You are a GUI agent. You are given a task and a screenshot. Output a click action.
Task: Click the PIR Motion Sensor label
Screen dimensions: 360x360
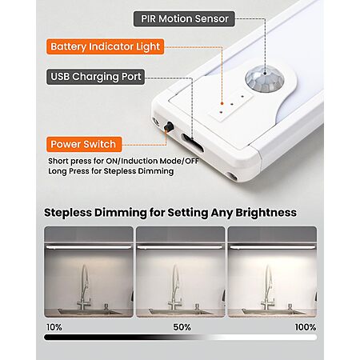pos(184,18)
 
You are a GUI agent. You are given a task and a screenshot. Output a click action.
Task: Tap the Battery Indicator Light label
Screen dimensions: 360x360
pos(106,46)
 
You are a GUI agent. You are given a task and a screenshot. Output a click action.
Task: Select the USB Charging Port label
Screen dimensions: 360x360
pos(95,77)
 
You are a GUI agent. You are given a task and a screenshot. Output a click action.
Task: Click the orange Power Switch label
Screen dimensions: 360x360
pos(84,144)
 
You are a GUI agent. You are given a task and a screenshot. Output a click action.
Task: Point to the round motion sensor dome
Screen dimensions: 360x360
pos(265,78)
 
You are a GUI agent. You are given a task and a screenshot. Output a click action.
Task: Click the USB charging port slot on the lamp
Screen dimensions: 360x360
pos(192,142)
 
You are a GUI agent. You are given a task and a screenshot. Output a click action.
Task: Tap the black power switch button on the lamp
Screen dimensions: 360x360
pos(169,126)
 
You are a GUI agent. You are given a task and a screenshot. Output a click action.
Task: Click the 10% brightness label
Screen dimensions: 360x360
pos(54,327)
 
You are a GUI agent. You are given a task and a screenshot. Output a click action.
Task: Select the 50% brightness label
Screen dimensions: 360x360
pos(182,327)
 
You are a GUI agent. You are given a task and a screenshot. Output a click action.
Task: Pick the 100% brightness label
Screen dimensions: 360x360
pos(306,327)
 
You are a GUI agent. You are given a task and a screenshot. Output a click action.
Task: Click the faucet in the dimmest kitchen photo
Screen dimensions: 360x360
pos(85,288)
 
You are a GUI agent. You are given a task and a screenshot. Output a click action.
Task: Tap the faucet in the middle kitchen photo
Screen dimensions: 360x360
pos(175,288)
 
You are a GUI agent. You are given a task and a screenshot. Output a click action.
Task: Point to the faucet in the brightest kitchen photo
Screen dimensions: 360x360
pos(267,288)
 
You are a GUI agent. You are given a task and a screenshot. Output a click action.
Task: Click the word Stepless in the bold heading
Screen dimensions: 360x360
pos(68,213)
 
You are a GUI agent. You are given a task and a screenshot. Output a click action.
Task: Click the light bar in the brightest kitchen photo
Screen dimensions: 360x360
pos(272,247)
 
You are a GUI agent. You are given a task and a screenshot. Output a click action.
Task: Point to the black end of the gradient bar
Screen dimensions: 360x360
pos(46,338)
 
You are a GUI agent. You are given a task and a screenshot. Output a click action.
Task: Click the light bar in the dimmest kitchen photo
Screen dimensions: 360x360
pos(89,247)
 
